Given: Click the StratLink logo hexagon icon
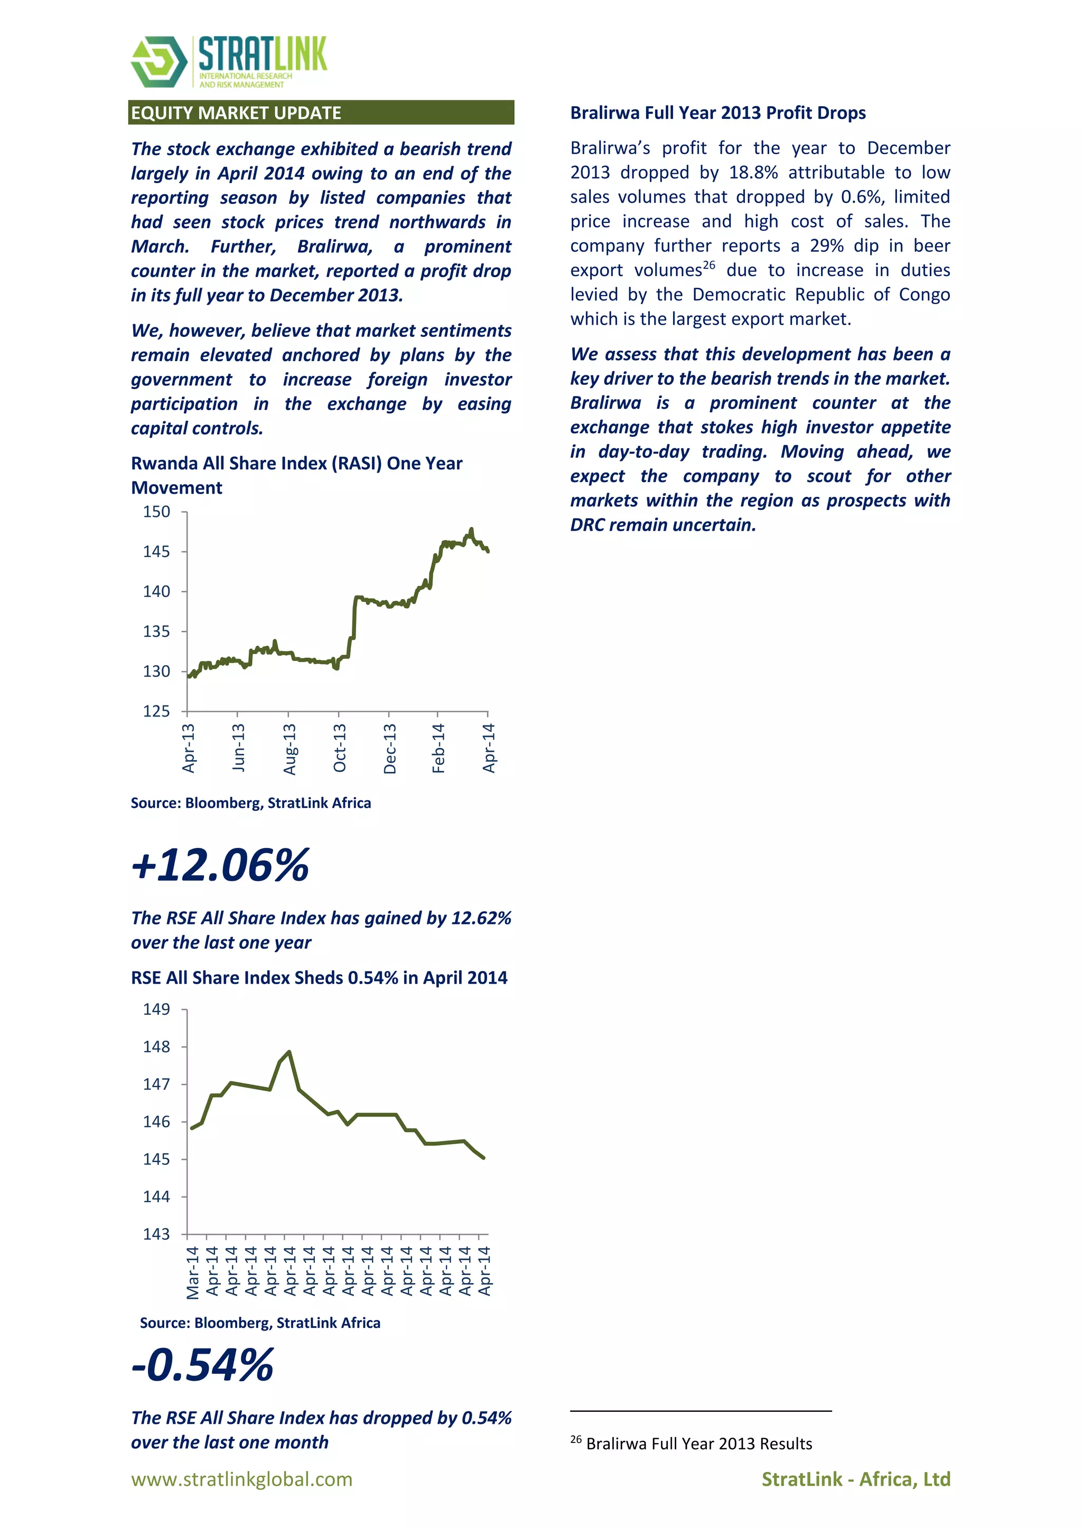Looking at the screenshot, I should tap(159, 62).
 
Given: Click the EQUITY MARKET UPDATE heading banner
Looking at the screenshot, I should tap(321, 112).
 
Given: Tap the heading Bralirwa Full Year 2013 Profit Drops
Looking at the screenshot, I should tap(717, 112).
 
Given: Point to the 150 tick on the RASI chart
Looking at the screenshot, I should tap(156, 512).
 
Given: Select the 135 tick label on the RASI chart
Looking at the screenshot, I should tap(156, 631).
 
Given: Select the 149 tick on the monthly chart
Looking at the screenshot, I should tap(156, 1009).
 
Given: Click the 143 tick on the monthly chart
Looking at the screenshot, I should tap(156, 1234).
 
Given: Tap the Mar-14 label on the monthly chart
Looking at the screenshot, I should tap(192, 1272).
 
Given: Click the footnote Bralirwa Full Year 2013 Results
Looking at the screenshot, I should tap(699, 1444).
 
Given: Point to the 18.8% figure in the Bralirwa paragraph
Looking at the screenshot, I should tap(753, 173).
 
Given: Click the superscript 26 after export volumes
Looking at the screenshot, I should tap(709, 265).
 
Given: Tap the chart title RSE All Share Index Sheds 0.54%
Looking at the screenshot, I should tap(319, 978).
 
